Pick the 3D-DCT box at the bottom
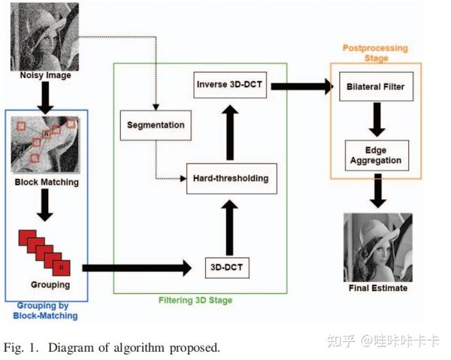(x=226, y=266)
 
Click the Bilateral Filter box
(x=376, y=86)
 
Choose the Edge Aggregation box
(x=376, y=154)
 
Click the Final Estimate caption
(x=378, y=288)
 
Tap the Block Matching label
(x=46, y=182)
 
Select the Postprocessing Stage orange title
(x=375, y=52)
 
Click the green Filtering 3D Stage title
(x=195, y=301)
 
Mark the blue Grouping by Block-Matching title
(x=46, y=310)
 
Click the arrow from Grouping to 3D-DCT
(x=135, y=267)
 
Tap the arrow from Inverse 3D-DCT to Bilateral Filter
(x=301, y=86)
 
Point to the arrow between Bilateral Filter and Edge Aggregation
(x=376, y=119)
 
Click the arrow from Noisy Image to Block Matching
(x=44, y=96)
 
